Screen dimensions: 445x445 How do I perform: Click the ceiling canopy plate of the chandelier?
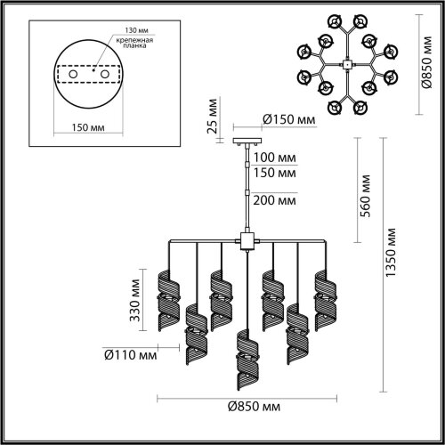pos(246,142)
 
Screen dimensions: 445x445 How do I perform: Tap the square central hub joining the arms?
pos(246,240)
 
